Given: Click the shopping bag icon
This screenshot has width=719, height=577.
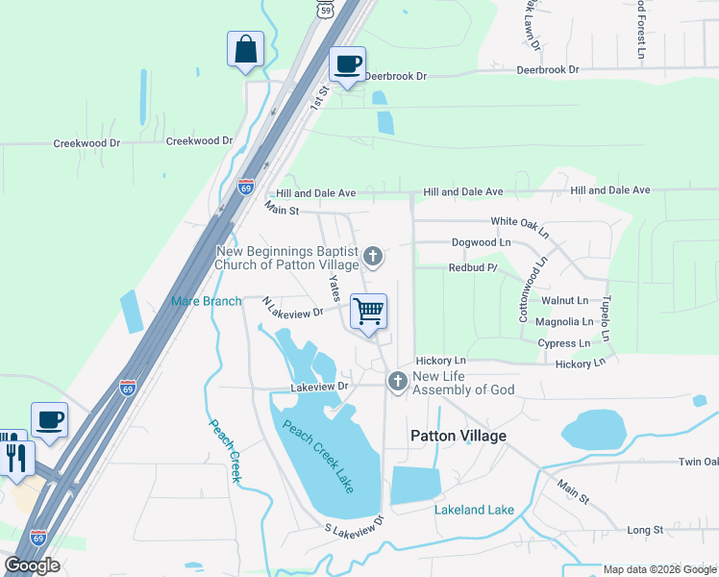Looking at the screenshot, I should click(x=245, y=49).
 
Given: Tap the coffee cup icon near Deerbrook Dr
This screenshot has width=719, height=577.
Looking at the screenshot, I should click(x=347, y=64).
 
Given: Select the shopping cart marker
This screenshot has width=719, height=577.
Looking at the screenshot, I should click(x=368, y=312).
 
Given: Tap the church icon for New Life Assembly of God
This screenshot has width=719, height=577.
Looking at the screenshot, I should click(x=396, y=382).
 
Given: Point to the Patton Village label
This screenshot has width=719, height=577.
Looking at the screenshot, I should click(x=458, y=436).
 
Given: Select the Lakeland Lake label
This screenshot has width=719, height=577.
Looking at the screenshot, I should click(x=474, y=510).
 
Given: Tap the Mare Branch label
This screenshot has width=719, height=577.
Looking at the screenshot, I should click(x=207, y=301).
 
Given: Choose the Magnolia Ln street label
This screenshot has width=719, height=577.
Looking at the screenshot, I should click(x=564, y=322).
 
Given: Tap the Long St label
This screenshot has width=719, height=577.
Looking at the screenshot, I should click(x=645, y=530).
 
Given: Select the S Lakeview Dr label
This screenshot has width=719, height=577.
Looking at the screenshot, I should click(x=354, y=525).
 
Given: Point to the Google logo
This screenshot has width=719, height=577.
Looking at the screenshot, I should click(x=32, y=565).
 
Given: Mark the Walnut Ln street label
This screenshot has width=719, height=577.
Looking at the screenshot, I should click(x=563, y=301).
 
